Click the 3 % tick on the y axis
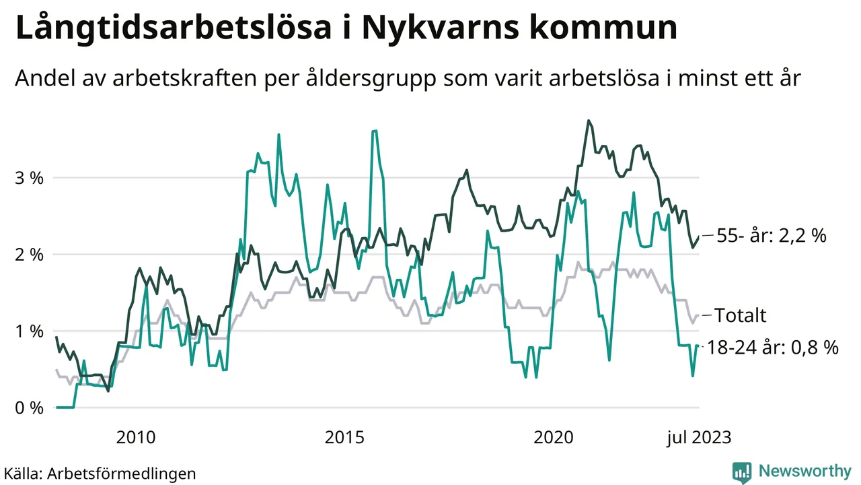coord(29,179)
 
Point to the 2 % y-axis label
coord(29,255)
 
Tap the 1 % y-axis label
coord(29,331)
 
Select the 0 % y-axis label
coord(29,408)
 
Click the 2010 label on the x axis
coord(136,438)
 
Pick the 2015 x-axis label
coord(344,438)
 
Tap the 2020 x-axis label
coord(553,438)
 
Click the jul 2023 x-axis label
coord(698,438)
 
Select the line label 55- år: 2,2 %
coord(770,236)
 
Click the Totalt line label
coord(740,315)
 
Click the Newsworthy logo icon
coord(742,472)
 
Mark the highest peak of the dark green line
coord(589,121)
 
